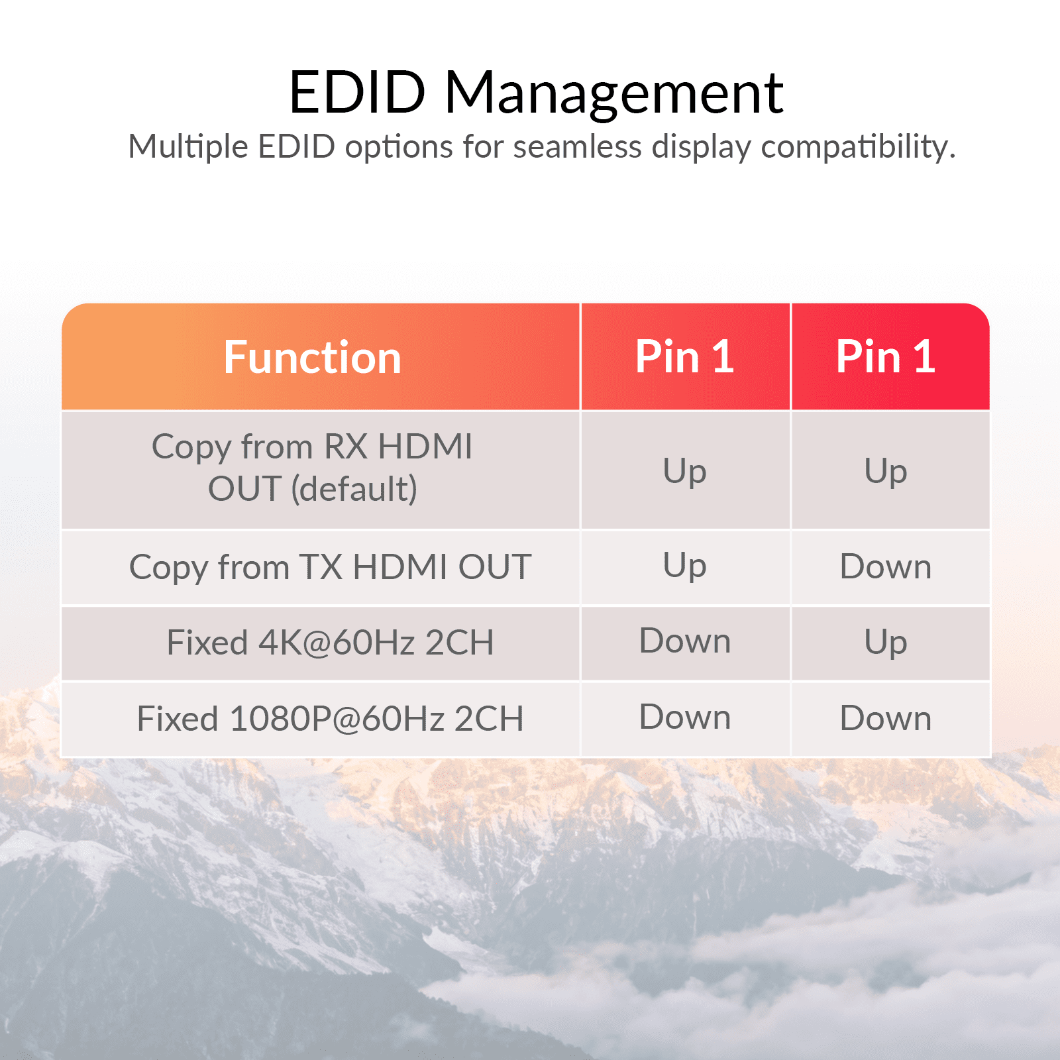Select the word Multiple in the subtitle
coord(188,147)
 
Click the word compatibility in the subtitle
coord(857,147)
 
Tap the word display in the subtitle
coord(701,147)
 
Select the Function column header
coord(312,357)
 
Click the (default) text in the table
coord(354,489)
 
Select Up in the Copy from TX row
coord(685,567)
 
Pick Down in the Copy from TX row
coord(885,567)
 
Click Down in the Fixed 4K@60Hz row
coord(685,641)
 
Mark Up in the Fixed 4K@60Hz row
coord(885,643)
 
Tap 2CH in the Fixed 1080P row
coord(489,719)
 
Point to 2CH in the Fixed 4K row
coord(460,643)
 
